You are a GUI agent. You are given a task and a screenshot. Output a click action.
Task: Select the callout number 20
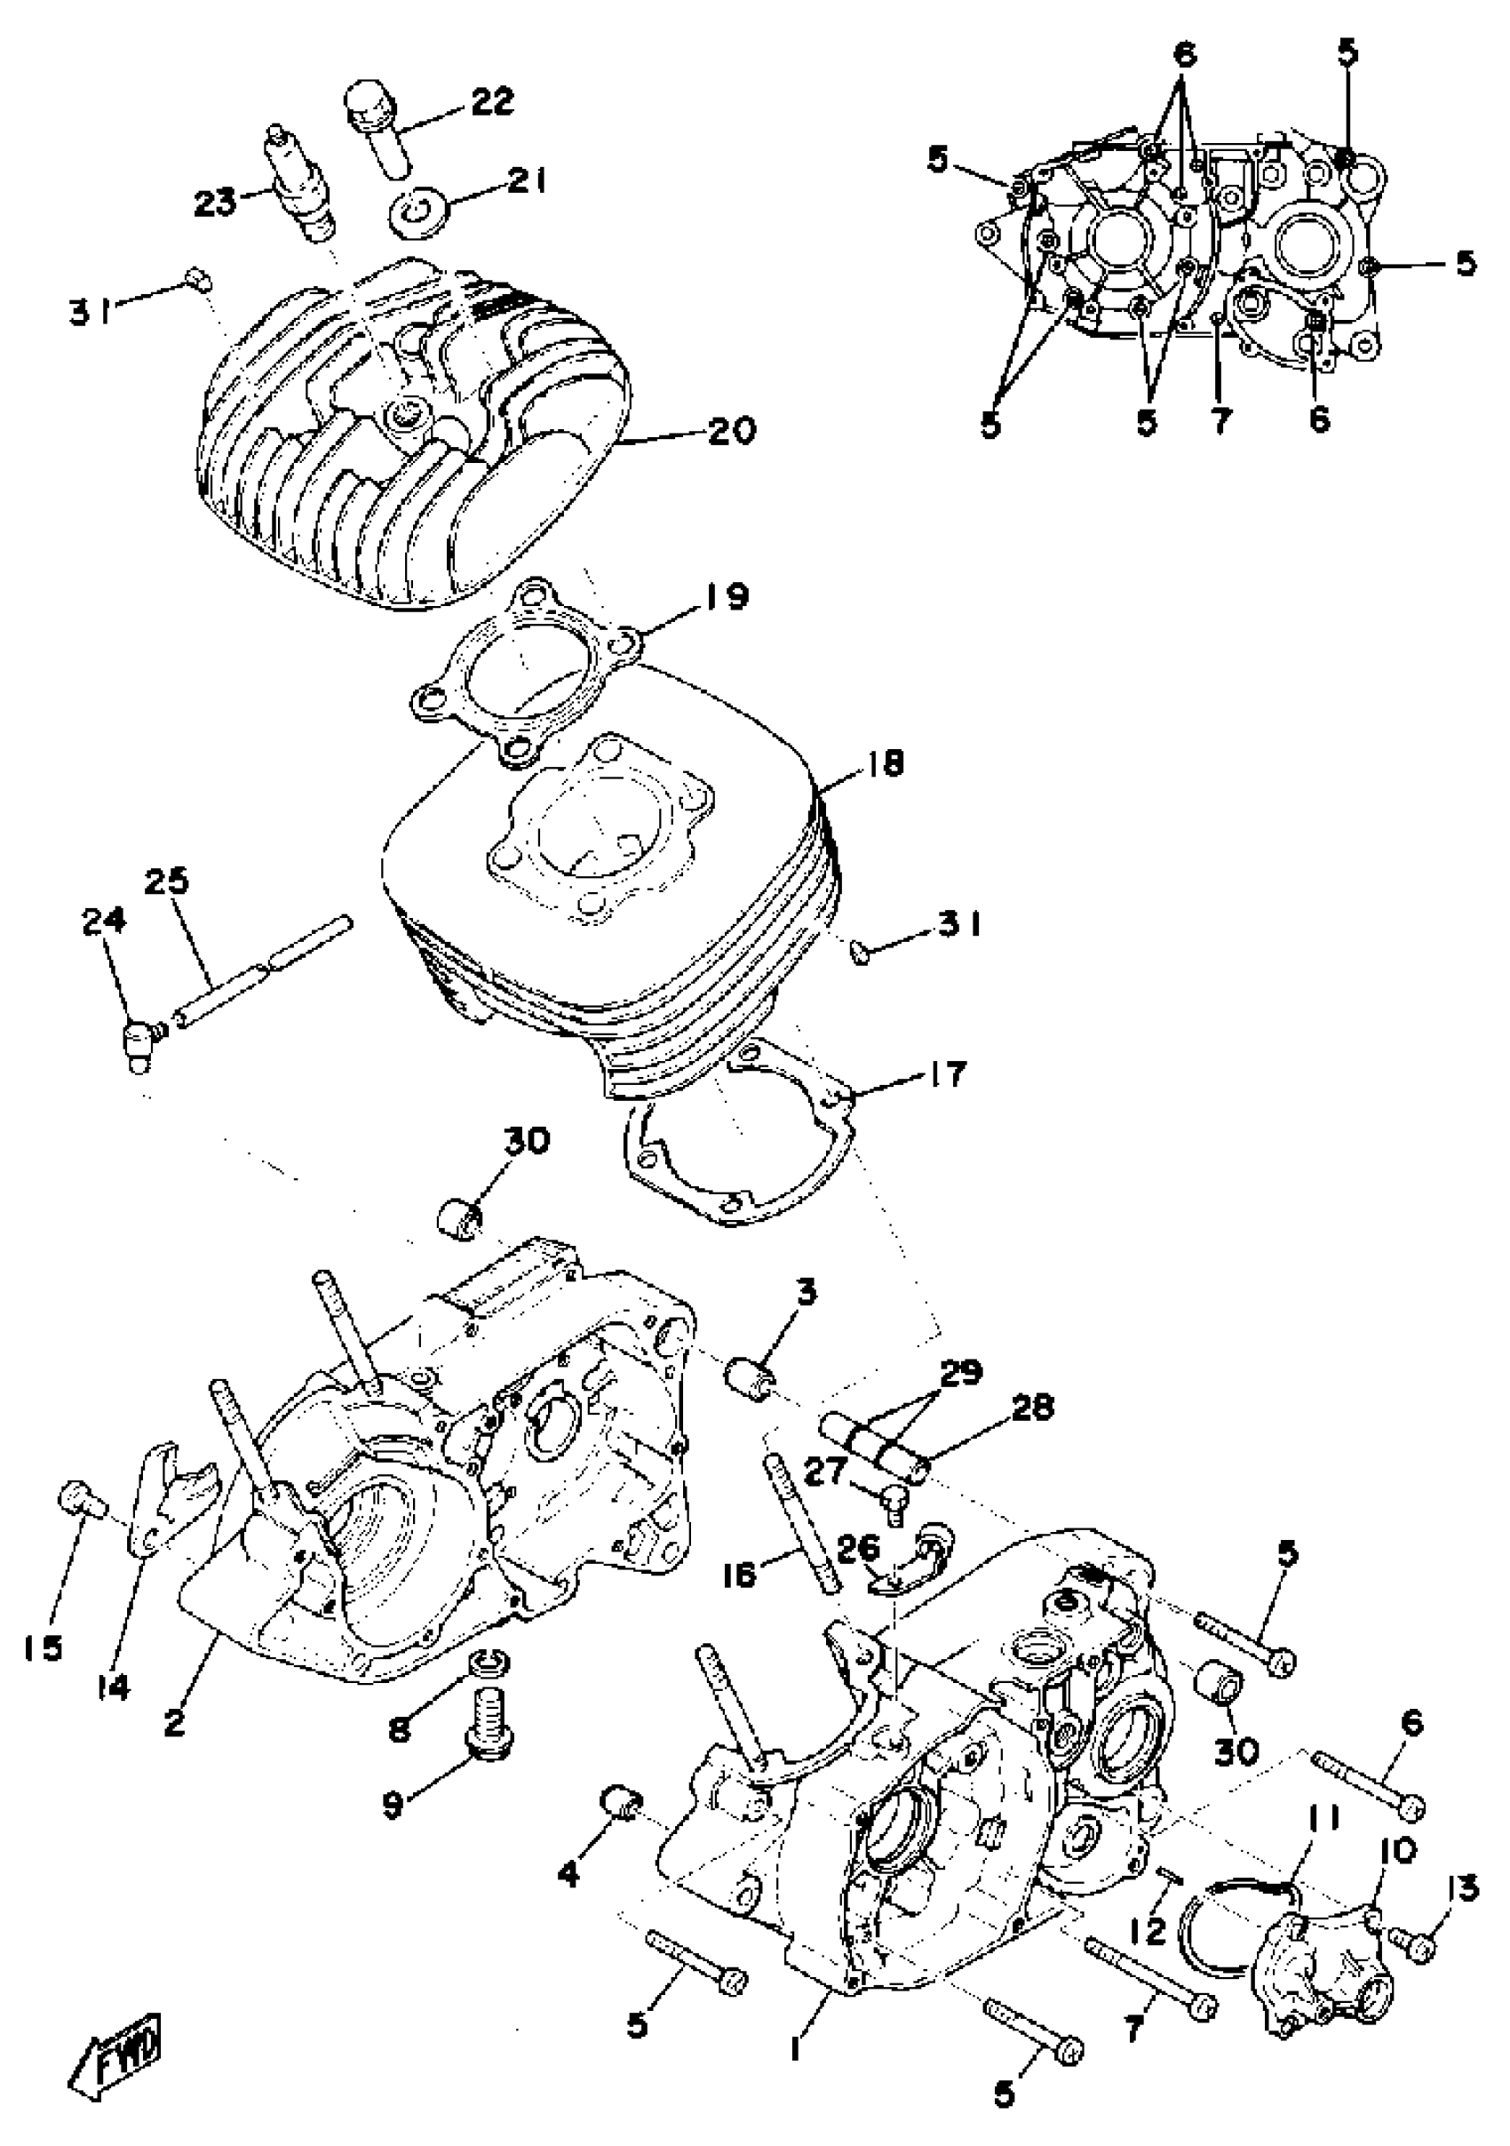tap(732, 431)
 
